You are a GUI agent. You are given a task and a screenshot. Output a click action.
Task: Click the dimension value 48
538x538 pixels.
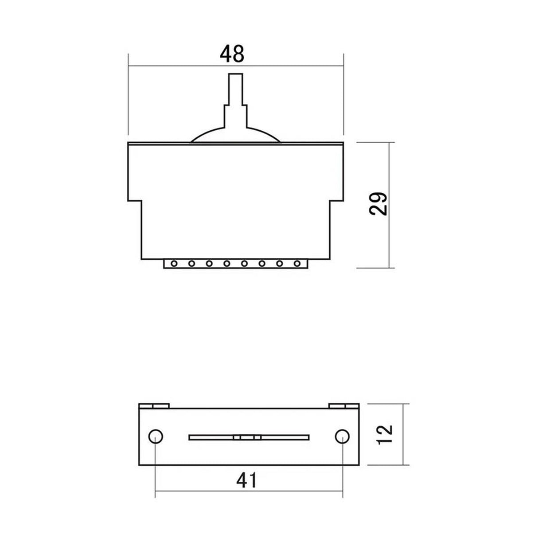[x=232, y=54]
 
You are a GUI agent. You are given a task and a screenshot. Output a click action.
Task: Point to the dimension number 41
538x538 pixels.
[x=247, y=480]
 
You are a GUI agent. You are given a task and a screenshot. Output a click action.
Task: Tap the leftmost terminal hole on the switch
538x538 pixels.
[x=174, y=264]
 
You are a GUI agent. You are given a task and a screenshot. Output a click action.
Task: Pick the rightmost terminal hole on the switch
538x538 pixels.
[x=297, y=264]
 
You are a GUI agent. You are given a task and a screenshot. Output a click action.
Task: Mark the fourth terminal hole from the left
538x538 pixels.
[x=227, y=264]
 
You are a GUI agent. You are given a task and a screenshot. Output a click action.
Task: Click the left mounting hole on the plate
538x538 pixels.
[x=156, y=437]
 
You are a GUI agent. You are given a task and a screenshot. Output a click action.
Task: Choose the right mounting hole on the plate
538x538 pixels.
[x=342, y=437]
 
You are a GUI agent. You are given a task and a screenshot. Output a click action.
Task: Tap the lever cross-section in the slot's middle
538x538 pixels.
[x=247, y=437]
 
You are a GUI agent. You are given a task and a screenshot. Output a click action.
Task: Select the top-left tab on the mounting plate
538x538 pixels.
[x=154, y=405]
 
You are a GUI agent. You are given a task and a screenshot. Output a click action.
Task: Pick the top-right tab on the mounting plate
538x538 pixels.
[x=343, y=405]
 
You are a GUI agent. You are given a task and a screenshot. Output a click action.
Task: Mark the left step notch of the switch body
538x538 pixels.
[x=135, y=201]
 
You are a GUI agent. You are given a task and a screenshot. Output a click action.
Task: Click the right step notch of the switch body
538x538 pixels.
[x=337, y=201]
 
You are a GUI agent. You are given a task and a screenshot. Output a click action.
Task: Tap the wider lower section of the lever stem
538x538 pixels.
[x=235, y=117]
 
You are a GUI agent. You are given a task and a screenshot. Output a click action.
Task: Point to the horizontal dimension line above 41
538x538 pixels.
[x=248, y=496]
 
